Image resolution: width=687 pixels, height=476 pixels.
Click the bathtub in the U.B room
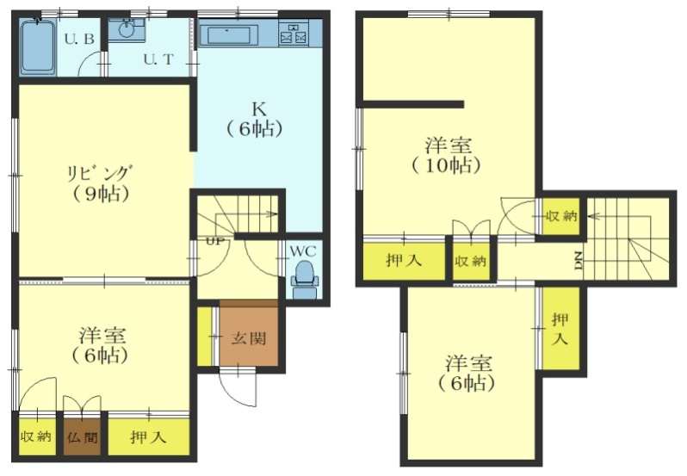tap(38, 46)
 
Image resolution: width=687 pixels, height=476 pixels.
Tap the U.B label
tap(79, 40)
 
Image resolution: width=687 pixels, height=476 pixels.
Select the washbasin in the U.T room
tap(127, 30)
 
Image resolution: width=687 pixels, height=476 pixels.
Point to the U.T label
tap(158, 59)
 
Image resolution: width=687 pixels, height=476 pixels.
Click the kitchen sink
tap(229, 35)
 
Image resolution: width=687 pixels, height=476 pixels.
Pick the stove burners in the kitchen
tap(294, 35)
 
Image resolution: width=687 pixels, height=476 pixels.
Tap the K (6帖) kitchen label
tap(254, 119)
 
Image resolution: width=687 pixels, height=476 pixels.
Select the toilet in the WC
tap(304, 281)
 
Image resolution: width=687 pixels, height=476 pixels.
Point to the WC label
tap(303, 251)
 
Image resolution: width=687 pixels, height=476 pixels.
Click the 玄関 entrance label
tap(249, 338)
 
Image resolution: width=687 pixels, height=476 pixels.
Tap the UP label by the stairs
tap(215, 241)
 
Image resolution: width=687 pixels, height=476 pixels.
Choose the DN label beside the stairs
tap(579, 261)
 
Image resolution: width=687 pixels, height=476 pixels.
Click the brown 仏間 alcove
tap(83, 437)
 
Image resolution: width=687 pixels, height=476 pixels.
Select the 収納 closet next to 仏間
tap(37, 437)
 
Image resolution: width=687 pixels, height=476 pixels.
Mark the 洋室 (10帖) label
tap(448, 155)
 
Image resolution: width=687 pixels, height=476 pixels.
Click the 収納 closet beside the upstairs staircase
tap(561, 216)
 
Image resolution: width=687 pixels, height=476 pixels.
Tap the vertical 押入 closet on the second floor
tap(561, 329)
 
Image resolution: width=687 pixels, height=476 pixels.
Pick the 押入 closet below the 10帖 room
tap(404, 261)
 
